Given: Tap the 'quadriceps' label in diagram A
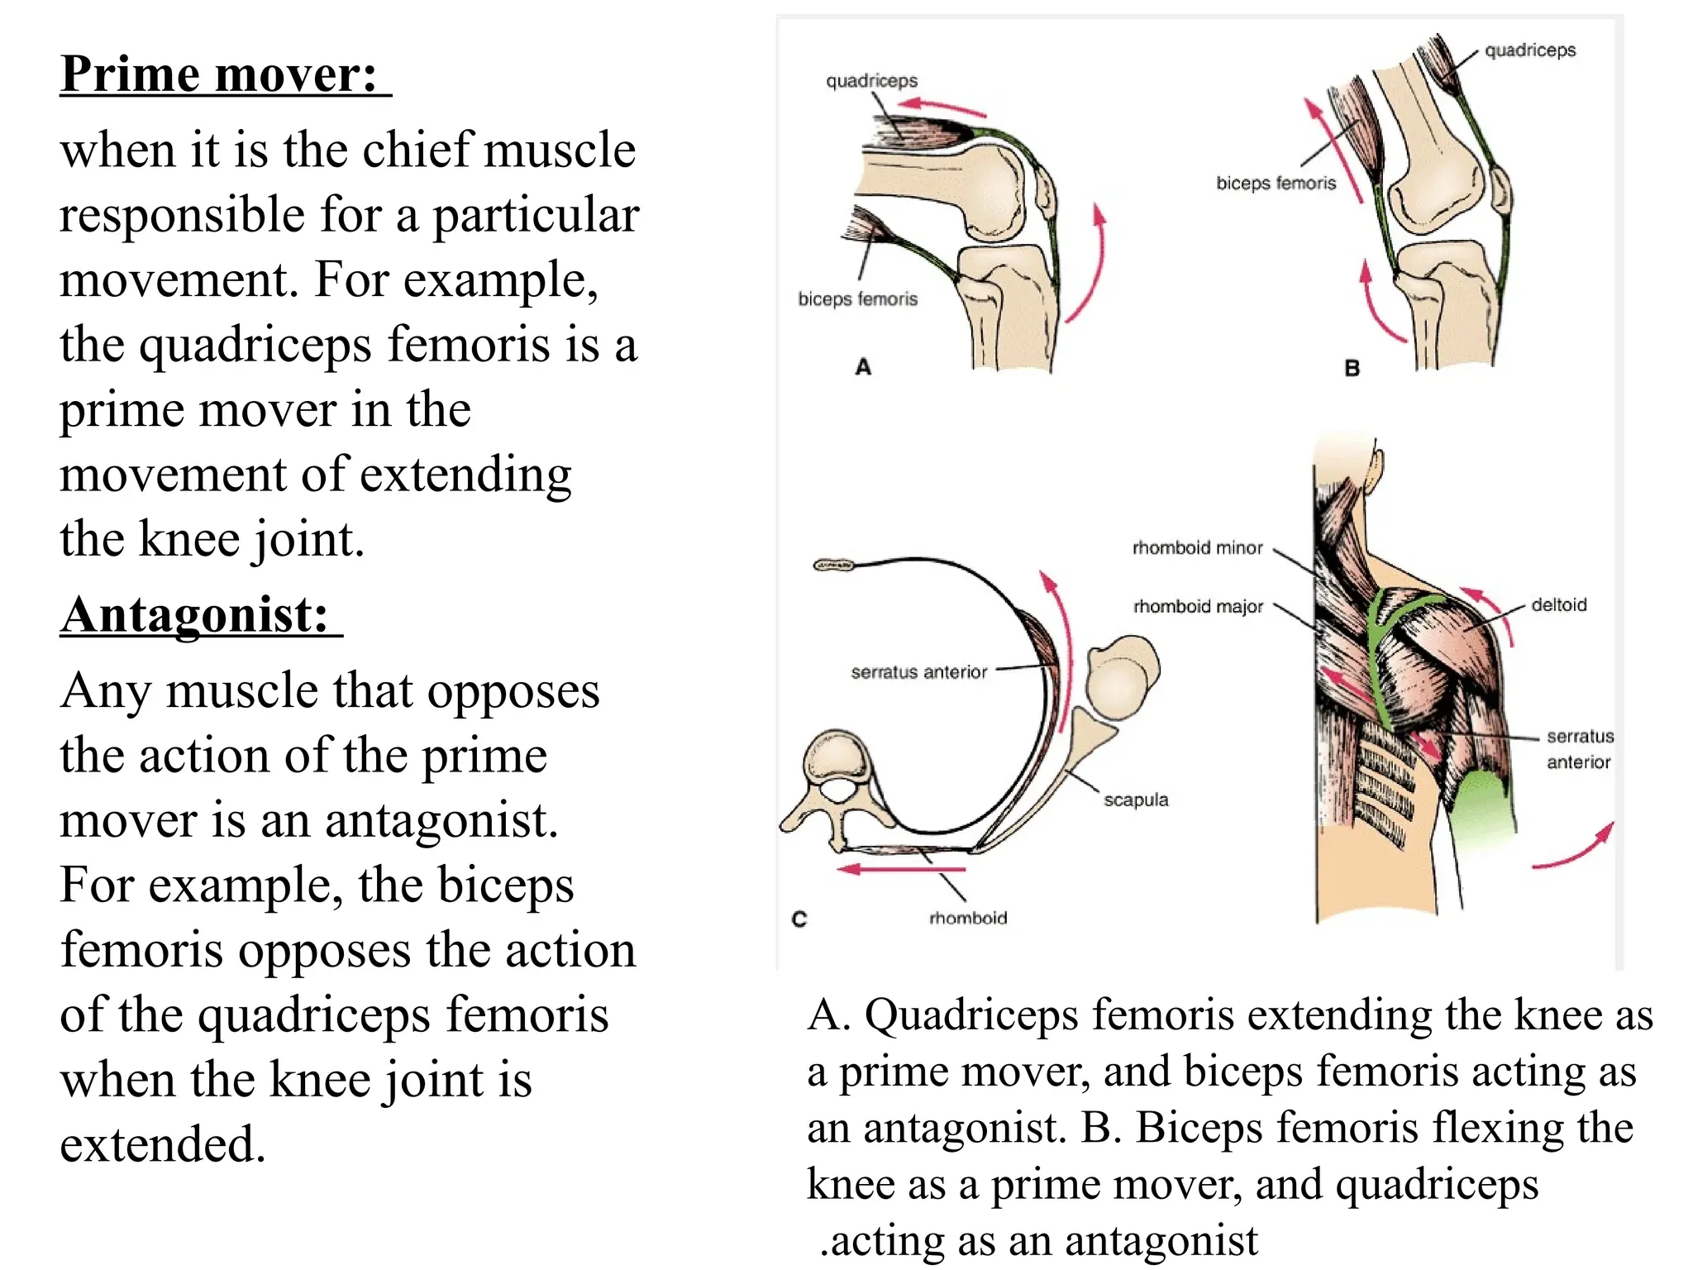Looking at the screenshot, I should [x=871, y=81].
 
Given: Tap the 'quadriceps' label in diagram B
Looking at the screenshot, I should [x=1530, y=50].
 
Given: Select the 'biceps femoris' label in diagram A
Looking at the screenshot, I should [x=857, y=299].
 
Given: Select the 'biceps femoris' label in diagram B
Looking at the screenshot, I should [x=1276, y=184].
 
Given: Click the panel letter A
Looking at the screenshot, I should [x=863, y=367].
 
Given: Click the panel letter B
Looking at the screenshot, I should [x=1352, y=369].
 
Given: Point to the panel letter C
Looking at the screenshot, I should [x=799, y=919].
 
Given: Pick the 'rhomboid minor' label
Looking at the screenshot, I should [x=1197, y=548].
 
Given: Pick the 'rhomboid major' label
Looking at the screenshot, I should [x=1198, y=607].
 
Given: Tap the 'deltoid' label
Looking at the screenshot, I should [x=1558, y=605].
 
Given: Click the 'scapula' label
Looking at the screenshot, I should [x=1136, y=800].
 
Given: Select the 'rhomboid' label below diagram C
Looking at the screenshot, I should [x=968, y=918].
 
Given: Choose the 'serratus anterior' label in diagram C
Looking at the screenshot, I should [x=918, y=672].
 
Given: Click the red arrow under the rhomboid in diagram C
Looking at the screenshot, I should [x=901, y=869].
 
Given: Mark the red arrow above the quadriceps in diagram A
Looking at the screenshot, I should [x=942, y=107].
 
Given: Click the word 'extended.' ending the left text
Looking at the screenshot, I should [x=163, y=1144].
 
